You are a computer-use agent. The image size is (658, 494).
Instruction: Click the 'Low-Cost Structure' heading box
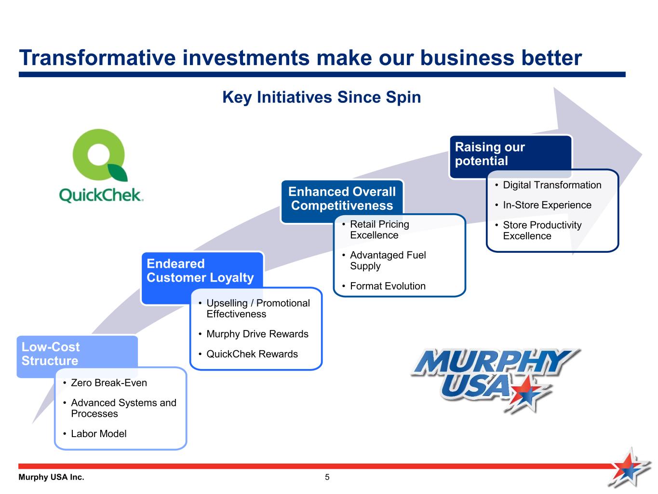click(51, 354)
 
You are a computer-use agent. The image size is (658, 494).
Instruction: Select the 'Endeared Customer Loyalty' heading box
click(200, 271)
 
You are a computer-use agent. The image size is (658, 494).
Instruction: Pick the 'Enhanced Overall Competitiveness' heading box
click(342, 199)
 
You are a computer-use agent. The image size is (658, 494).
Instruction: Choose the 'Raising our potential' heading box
click(490, 154)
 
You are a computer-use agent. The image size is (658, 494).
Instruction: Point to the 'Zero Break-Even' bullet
click(109, 383)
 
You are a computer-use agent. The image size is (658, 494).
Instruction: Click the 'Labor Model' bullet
click(99, 434)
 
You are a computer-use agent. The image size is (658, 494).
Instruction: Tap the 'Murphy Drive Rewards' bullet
click(257, 334)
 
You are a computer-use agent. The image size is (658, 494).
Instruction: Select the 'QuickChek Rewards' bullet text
click(252, 354)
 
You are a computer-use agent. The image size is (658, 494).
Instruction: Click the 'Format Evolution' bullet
click(388, 286)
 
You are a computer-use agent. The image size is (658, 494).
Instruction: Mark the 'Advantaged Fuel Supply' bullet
click(388, 261)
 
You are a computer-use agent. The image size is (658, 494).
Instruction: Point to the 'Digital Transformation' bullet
click(552, 185)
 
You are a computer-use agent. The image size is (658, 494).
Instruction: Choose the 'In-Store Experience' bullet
click(547, 205)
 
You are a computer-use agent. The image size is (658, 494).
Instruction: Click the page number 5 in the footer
click(327, 477)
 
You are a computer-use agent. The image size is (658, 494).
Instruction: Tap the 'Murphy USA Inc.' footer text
click(51, 477)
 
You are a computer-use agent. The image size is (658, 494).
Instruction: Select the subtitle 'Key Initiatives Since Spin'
click(322, 97)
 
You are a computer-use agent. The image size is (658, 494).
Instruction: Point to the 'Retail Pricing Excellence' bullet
click(379, 230)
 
